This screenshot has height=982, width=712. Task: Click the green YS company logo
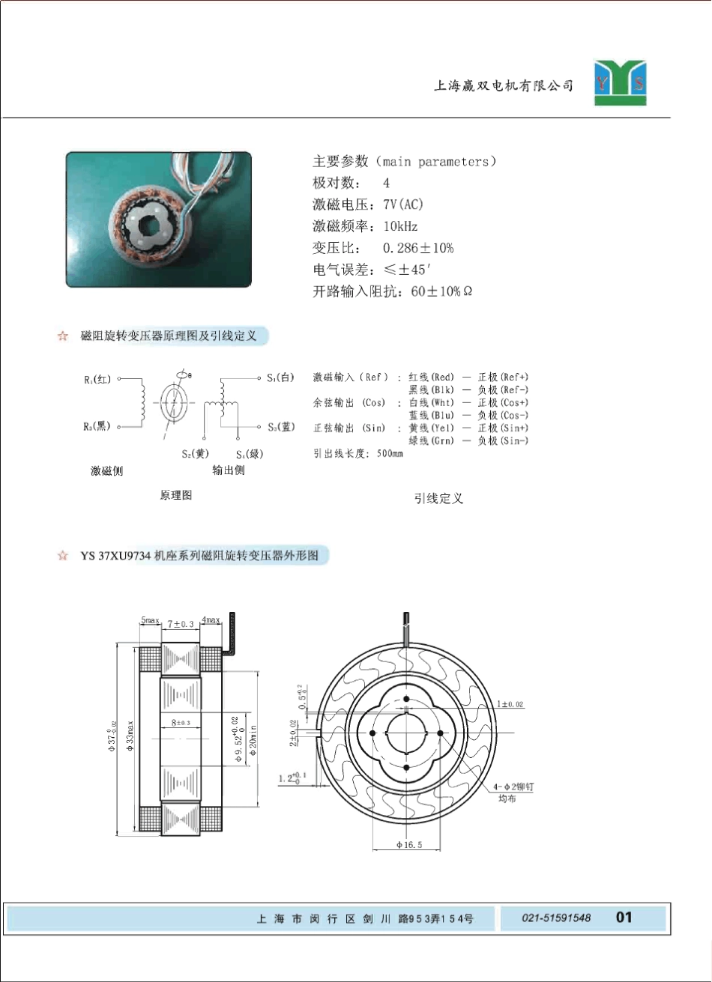[x=621, y=82]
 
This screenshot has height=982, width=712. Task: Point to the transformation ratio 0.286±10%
[x=418, y=248]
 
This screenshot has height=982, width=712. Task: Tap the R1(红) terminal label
[x=97, y=380]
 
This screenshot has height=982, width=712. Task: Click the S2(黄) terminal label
[x=195, y=453]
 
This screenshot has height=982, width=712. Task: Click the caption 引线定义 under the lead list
[x=438, y=498]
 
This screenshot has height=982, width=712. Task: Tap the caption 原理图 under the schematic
[x=176, y=496]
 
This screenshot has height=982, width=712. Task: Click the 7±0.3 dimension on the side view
[x=180, y=623]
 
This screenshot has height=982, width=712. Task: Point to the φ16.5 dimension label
[x=409, y=845]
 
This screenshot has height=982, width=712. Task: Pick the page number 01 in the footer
[x=624, y=917]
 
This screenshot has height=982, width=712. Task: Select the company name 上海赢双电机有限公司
[x=504, y=86]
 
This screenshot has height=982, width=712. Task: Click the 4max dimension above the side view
[x=211, y=620]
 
